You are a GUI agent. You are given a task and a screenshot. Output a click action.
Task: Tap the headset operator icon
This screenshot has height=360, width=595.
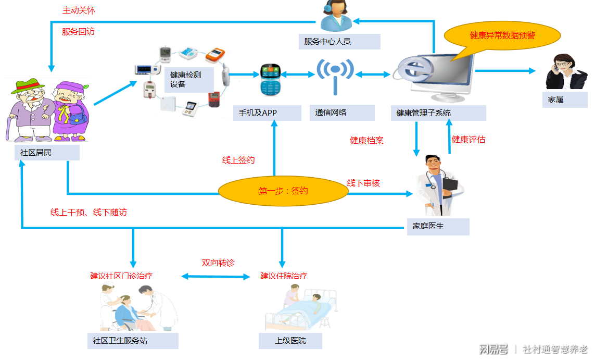click(335, 16)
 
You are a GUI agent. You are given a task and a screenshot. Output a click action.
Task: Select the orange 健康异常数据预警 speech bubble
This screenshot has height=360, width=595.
click(502, 35)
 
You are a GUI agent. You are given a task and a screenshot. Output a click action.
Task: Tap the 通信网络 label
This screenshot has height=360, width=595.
click(344, 113)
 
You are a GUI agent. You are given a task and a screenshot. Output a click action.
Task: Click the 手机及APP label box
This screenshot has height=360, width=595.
click(267, 113)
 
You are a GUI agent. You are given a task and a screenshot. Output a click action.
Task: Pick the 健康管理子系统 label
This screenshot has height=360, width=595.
click(439, 113)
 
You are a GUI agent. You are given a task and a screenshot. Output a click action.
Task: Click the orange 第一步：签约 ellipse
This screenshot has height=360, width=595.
click(283, 191)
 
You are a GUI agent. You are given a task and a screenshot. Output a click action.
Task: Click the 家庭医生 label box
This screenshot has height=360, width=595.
click(437, 227)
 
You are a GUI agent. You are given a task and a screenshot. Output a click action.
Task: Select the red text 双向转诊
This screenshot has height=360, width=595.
click(218, 263)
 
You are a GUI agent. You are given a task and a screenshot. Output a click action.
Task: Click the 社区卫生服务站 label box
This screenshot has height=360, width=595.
click(133, 341)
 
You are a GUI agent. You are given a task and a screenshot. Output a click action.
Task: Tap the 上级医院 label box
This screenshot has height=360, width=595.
click(290, 341)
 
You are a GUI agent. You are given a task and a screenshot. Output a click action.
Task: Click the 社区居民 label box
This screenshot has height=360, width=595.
click(47, 153)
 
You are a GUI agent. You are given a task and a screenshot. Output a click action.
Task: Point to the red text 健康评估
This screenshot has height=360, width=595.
click(469, 140)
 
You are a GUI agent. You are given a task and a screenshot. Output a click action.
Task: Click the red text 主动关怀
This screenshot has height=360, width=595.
click(79, 10)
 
